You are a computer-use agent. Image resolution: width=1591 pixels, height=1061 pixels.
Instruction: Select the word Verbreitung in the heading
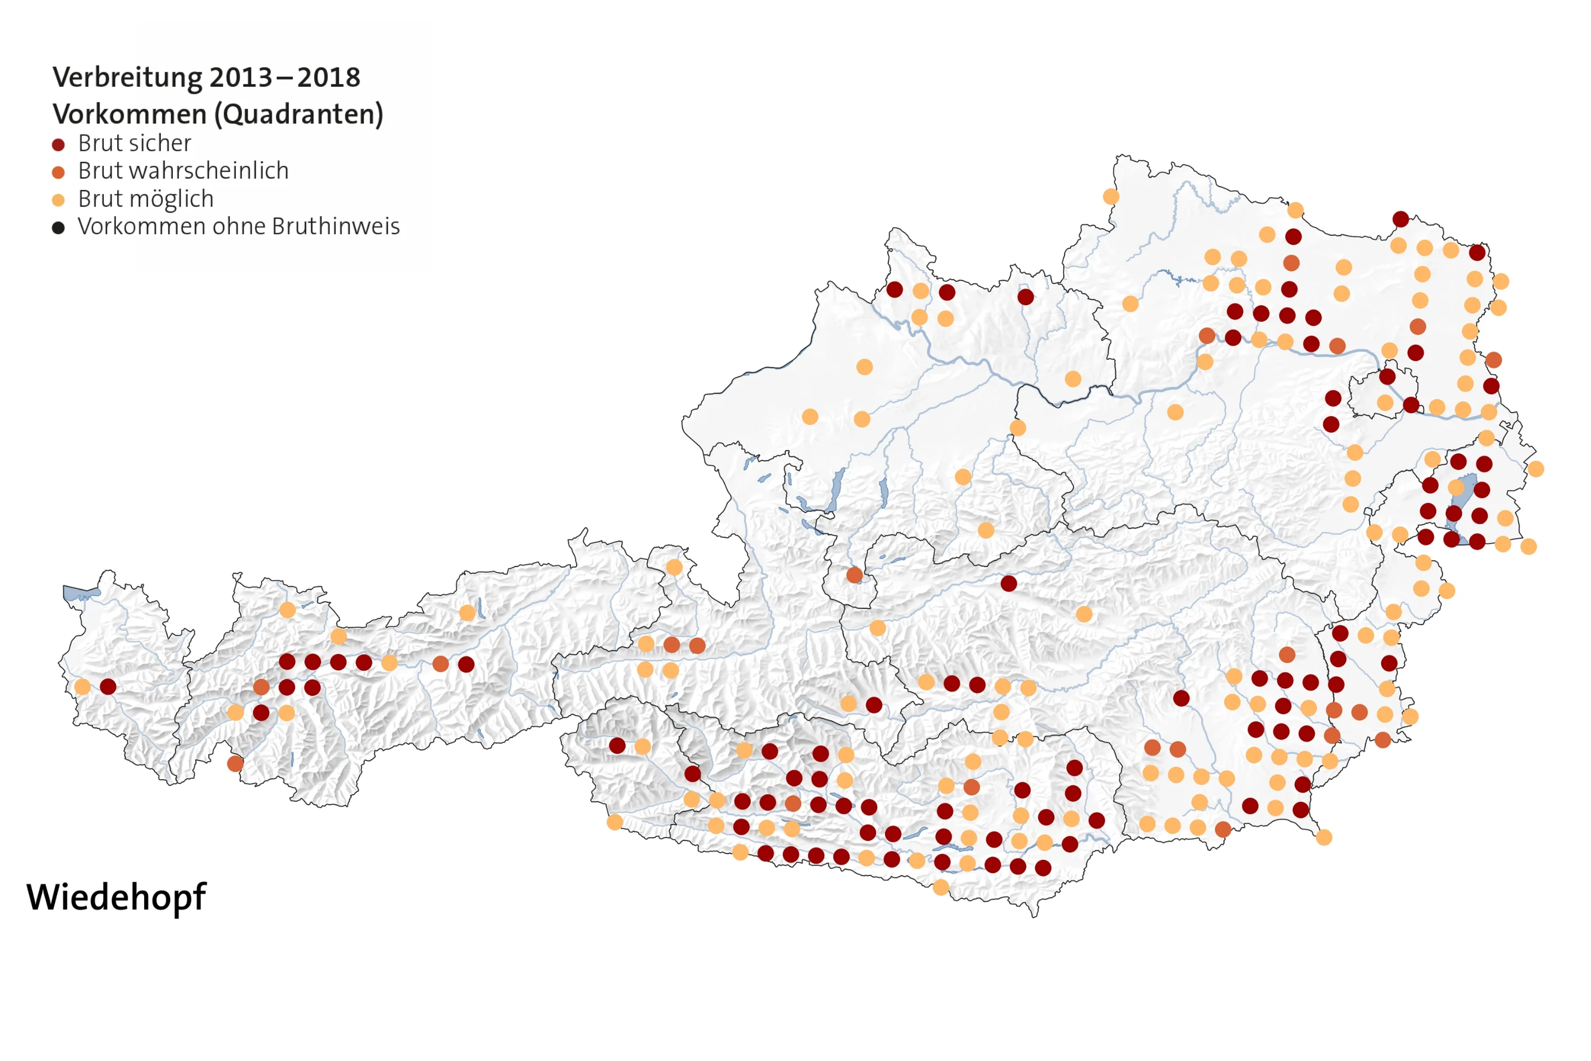point(127,78)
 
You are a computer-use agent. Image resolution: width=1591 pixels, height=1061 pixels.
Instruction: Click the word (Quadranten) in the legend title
point(299,114)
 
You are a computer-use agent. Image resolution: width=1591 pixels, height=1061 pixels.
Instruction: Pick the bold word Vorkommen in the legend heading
point(130,114)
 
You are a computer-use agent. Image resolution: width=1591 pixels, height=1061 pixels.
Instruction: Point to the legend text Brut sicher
point(135,144)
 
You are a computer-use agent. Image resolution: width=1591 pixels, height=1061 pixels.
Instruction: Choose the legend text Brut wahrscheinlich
point(183,171)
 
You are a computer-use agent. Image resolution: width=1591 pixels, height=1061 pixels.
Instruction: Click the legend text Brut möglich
point(146,199)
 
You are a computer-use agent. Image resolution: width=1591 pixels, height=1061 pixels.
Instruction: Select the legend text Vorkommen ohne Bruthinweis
point(239,227)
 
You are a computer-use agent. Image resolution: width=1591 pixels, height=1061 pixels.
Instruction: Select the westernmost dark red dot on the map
point(108,687)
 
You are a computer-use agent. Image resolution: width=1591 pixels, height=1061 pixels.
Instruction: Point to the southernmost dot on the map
point(941,887)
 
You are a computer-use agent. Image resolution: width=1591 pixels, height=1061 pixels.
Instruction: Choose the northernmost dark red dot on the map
point(1401,219)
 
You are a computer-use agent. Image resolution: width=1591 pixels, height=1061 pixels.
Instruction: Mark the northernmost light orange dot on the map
point(1111,197)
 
